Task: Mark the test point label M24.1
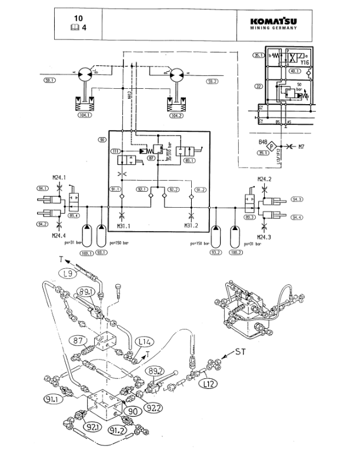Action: point(59,177)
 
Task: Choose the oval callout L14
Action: point(144,341)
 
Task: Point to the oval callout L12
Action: point(205,383)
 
